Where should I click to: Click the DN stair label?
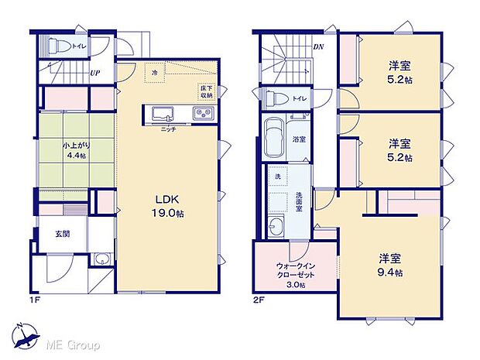click(x=317, y=46)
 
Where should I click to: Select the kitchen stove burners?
click(x=203, y=114)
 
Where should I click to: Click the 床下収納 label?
click(x=205, y=91)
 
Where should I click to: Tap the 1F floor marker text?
click(x=36, y=297)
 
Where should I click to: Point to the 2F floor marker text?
click(x=259, y=297)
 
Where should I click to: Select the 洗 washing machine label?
click(x=277, y=178)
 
